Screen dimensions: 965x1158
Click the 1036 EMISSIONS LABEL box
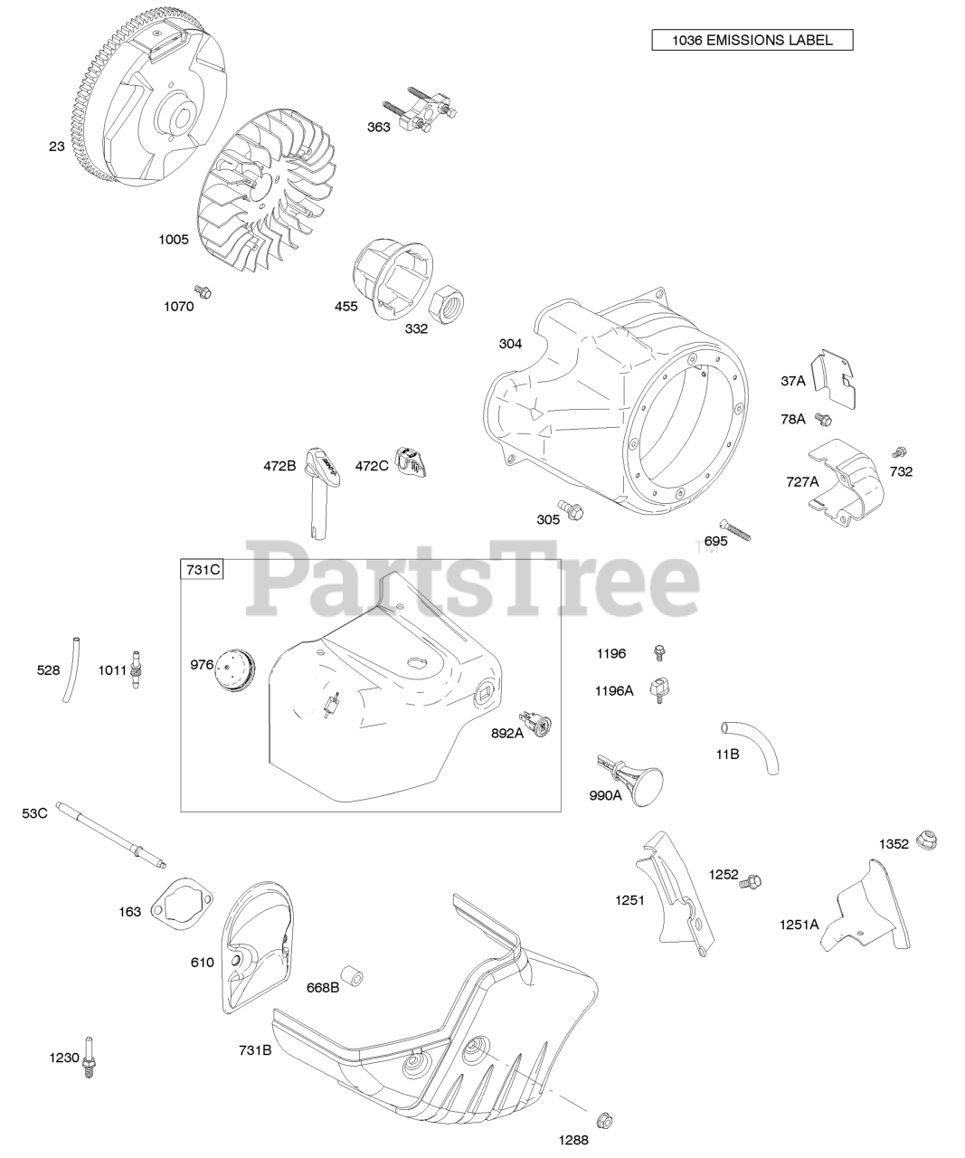tap(752, 40)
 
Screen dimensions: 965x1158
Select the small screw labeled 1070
tap(204, 291)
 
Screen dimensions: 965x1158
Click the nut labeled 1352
tap(925, 839)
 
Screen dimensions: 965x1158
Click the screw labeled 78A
tap(823, 418)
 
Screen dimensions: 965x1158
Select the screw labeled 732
tap(899, 451)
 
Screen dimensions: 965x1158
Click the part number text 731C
tap(203, 570)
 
